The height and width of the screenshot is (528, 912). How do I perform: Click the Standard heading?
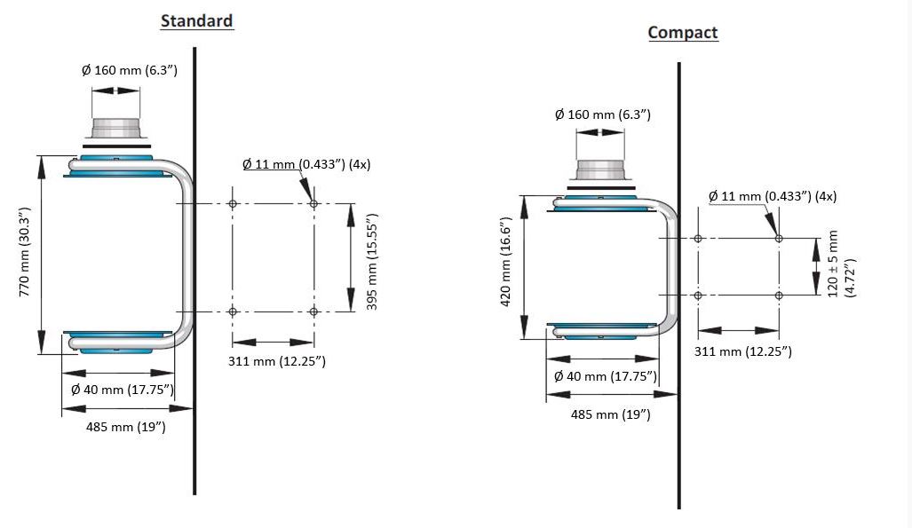(196, 21)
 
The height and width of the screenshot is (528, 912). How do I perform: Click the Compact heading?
(682, 33)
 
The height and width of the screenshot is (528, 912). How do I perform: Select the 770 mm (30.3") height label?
(26, 251)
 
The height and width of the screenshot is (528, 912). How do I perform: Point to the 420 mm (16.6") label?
(506, 262)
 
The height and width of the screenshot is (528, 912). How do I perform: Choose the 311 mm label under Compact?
(742, 351)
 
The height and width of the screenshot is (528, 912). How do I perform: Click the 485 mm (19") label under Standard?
(125, 427)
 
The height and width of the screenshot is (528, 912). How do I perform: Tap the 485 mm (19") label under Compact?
(610, 414)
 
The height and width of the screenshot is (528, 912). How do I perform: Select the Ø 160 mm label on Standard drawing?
(130, 70)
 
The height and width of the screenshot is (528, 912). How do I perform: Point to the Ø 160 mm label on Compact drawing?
(602, 114)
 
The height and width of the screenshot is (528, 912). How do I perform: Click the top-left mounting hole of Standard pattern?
(233, 204)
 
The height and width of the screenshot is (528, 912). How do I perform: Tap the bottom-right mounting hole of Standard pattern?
(313, 311)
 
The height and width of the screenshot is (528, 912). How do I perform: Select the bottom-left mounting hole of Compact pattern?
(698, 295)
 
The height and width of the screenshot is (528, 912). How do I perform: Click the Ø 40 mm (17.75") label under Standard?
(123, 390)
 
